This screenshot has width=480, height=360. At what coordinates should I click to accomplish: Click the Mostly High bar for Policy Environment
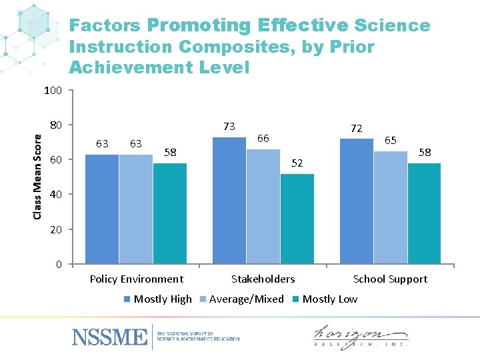click(x=102, y=209)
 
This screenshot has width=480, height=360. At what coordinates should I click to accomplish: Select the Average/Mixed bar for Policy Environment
click(x=136, y=209)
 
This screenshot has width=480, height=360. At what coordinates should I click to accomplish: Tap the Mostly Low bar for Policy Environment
click(x=170, y=213)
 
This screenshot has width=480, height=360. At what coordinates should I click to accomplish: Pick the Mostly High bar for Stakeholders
click(x=229, y=200)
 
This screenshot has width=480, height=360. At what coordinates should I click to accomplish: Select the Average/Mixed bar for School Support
click(x=390, y=207)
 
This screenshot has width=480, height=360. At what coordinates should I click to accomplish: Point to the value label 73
click(x=229, y=126)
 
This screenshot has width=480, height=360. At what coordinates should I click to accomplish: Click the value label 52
click(x=297, y=163)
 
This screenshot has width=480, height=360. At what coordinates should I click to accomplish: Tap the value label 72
click(x=356, y=128)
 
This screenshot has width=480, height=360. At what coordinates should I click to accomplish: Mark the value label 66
click(x=263, y=138)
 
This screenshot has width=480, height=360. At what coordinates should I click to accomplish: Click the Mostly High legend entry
click(x=158, y=299)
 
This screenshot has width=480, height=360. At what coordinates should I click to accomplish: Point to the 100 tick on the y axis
click(x=53, y=90)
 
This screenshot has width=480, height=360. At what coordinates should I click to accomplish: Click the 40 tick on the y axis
click(x=56, y=195)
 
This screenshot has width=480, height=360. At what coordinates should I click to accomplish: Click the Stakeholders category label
click(x=263, y=279)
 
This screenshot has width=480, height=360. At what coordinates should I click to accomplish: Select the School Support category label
click(x=390, y=279)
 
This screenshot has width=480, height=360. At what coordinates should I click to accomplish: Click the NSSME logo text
click(x=109, y=337)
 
